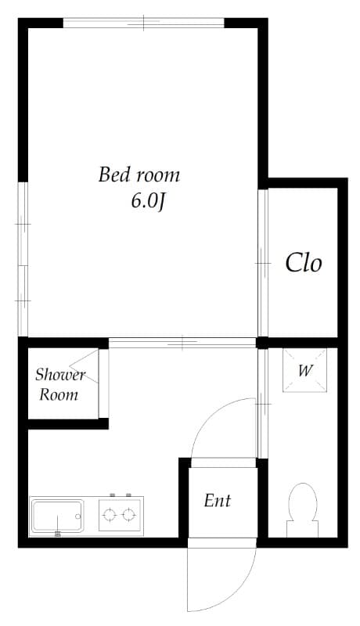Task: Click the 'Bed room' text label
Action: coord(139,174)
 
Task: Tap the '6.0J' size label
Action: coord(148,201)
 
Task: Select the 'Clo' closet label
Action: coord(303,263)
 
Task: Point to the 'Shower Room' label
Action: coord(59,384)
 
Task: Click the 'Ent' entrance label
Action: coord(218,500)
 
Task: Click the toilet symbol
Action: coord(302,505)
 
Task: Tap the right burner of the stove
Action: coord(129,514)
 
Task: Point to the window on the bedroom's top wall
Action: coord(144,22)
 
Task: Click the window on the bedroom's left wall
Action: coord(23,258)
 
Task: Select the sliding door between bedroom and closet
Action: coord(263,263)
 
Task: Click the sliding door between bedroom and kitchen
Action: coord(182,342)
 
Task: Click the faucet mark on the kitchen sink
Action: coord(57,534)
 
